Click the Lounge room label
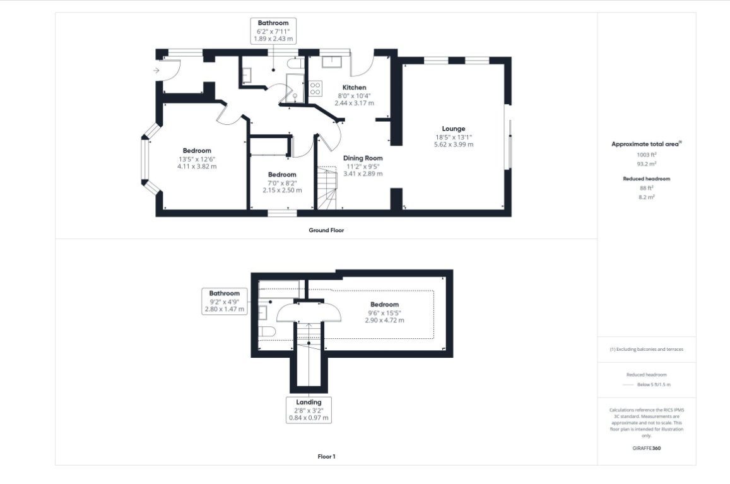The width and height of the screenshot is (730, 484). [x=454, y=129]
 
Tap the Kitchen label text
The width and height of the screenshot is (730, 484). [x=355, y=88]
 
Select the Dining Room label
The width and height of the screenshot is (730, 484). [x=363, y=158]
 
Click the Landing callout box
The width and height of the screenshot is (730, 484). [x=309, y=410]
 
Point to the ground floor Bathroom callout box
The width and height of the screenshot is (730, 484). [x=273, y=31]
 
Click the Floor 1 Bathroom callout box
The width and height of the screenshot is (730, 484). [x=225, y=302]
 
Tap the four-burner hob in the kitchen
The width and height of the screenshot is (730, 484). [x=315, y=88]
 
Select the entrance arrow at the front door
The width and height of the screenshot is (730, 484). [x=156, y=70]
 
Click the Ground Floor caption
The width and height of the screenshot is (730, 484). [x=326, y=230]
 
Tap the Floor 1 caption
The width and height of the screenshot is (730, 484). [x=326, y=456]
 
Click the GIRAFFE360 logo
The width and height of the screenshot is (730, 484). [x=647, y=448]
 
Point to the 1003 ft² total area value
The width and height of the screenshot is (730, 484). [x=647, y=155]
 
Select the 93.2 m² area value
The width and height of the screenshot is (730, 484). [x=647, y=164]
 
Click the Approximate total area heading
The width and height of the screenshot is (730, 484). [x=646, y=144]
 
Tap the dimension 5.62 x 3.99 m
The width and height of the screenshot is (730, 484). [x=454, y=145]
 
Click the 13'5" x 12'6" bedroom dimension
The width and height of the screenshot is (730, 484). [x=197, y=159]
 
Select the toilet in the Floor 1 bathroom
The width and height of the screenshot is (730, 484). [x=268, y=332]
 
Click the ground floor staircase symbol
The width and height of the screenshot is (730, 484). [x=327, y=187]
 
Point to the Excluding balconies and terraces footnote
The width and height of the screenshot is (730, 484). [x=647, y=349]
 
